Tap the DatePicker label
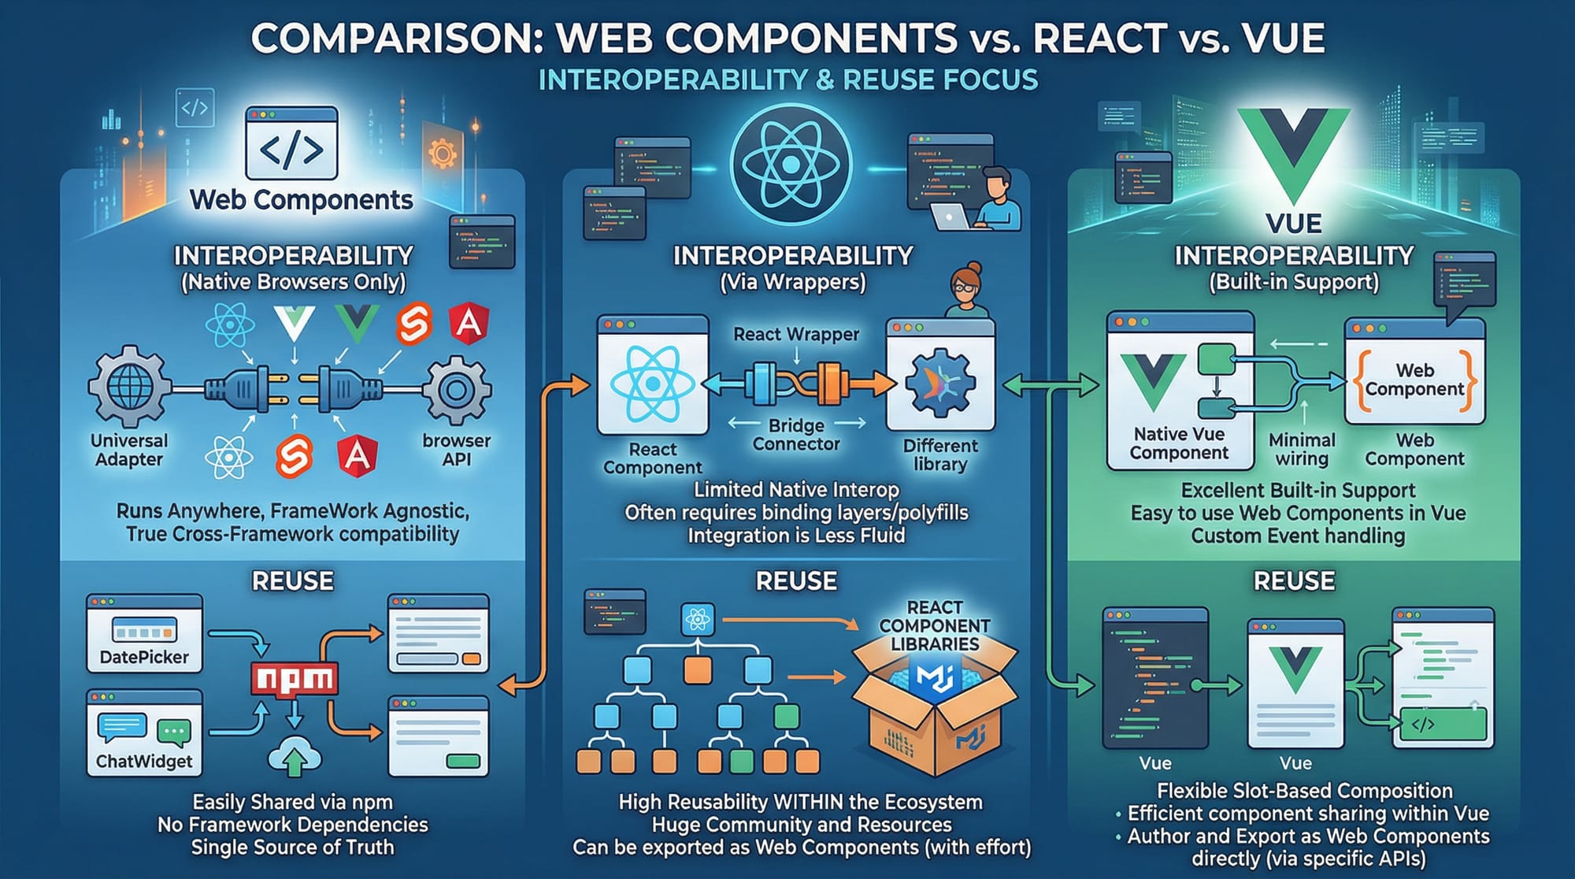[x=144, y=657]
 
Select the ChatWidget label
[x=144, y=761]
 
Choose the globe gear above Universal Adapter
[x=128, y=388]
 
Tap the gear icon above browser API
[x=457, y=389]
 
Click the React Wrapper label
[x=796, y=334]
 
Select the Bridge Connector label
[x=796, y=435]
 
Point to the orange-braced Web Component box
[x=1414, y=380]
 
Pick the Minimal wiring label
[x=1302, y=449]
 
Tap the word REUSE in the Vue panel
[x=1294, y=581]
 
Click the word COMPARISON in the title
[x=397, y=38]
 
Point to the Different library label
[x=940, y=454]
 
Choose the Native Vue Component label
[x=1179, y=443]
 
